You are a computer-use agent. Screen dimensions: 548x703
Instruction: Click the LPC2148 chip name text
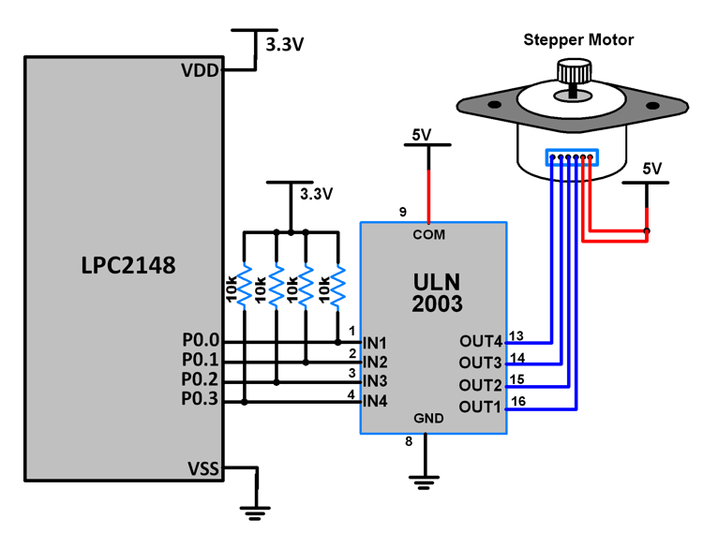pyautogui.click(x=127, y=265)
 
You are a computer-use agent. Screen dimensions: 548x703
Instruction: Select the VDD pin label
pyautogui.click(x=201, y=70)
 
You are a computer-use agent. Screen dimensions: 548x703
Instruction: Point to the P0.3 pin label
pyautogui.click(x=200, y=401)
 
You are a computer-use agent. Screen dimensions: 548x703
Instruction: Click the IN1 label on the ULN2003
pyautogui.click(x=375, y=344)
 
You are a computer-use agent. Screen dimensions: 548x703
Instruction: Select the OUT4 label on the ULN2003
pyautogui.click(x=481, y=342)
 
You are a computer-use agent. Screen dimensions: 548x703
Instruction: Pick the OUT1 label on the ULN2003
pyautogui.click(x=481, y=407)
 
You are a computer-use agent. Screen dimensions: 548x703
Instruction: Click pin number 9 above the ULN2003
pyautogui.click(x=402, y=213)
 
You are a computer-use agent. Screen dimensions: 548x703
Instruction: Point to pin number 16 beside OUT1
pyautogui.click(x=519, y=400)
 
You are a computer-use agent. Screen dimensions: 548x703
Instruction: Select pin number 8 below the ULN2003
pyautogui.click(x=408, y=441)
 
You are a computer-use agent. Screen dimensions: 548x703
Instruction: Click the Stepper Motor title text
pyautogui.click(x=577, y=39)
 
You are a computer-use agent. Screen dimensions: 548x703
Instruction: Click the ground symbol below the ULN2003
pyautogui.click(x=425, y=481)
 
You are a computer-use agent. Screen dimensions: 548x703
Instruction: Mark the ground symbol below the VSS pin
pyautogui.click(x=254, y=511)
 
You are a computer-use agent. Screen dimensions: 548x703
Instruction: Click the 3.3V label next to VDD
pyautogui.click(x=285, y=44)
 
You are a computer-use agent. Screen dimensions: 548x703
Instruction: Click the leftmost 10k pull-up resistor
pyautogui.click(x=244, y=287)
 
